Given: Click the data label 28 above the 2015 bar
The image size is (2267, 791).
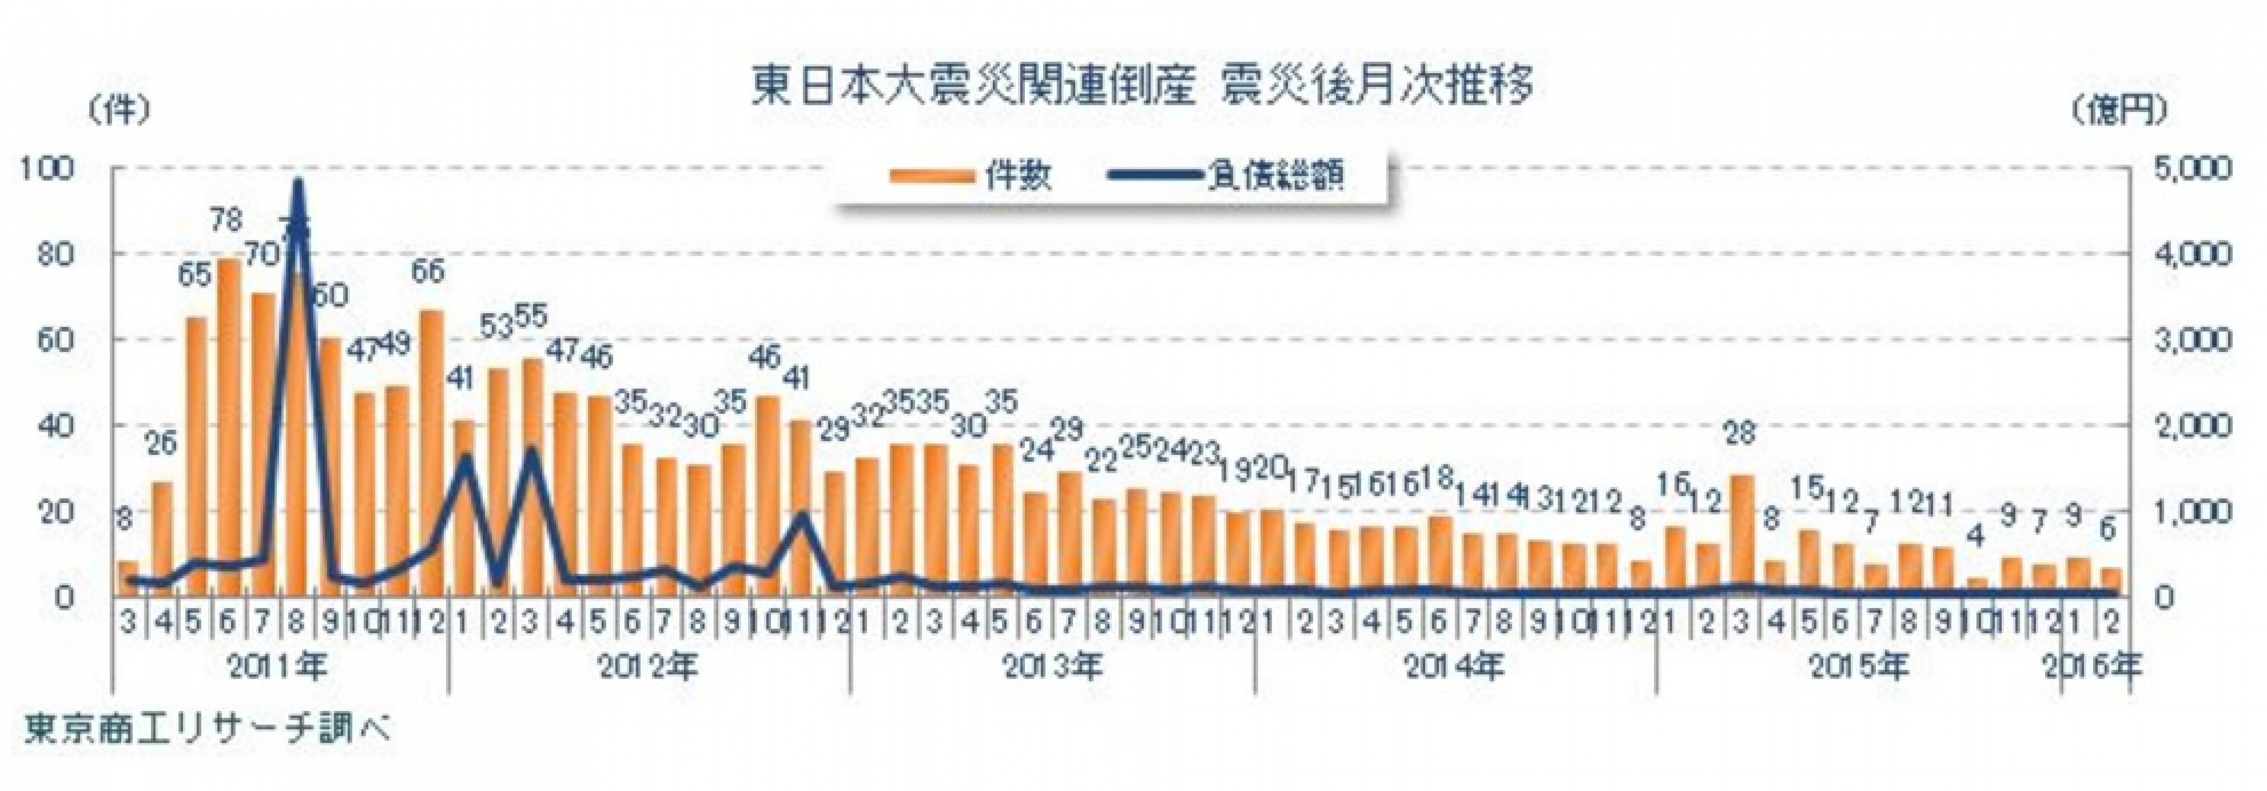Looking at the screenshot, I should (1740, 433).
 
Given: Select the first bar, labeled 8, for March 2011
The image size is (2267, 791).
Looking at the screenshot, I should (127, 578).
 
